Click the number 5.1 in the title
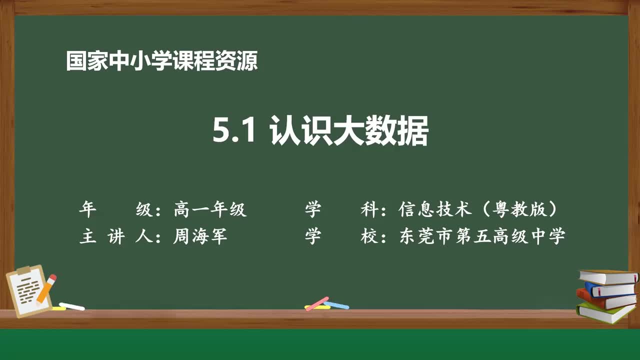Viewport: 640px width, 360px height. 234,131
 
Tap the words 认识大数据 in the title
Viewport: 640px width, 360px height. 349,131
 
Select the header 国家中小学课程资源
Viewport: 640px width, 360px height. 162,61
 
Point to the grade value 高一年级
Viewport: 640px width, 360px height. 210,209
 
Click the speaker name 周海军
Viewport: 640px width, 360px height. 200,236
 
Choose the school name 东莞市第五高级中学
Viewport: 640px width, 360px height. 482,236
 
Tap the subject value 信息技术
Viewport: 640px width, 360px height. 435,209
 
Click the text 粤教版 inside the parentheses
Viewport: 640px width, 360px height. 518,209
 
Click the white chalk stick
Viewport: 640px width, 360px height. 72,306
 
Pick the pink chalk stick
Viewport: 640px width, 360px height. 316,303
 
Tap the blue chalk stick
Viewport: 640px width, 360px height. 336,304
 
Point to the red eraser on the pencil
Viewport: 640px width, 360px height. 52,278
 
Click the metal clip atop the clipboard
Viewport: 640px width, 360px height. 24,270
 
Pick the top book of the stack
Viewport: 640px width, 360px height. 608,277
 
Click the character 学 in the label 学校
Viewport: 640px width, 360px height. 313,236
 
